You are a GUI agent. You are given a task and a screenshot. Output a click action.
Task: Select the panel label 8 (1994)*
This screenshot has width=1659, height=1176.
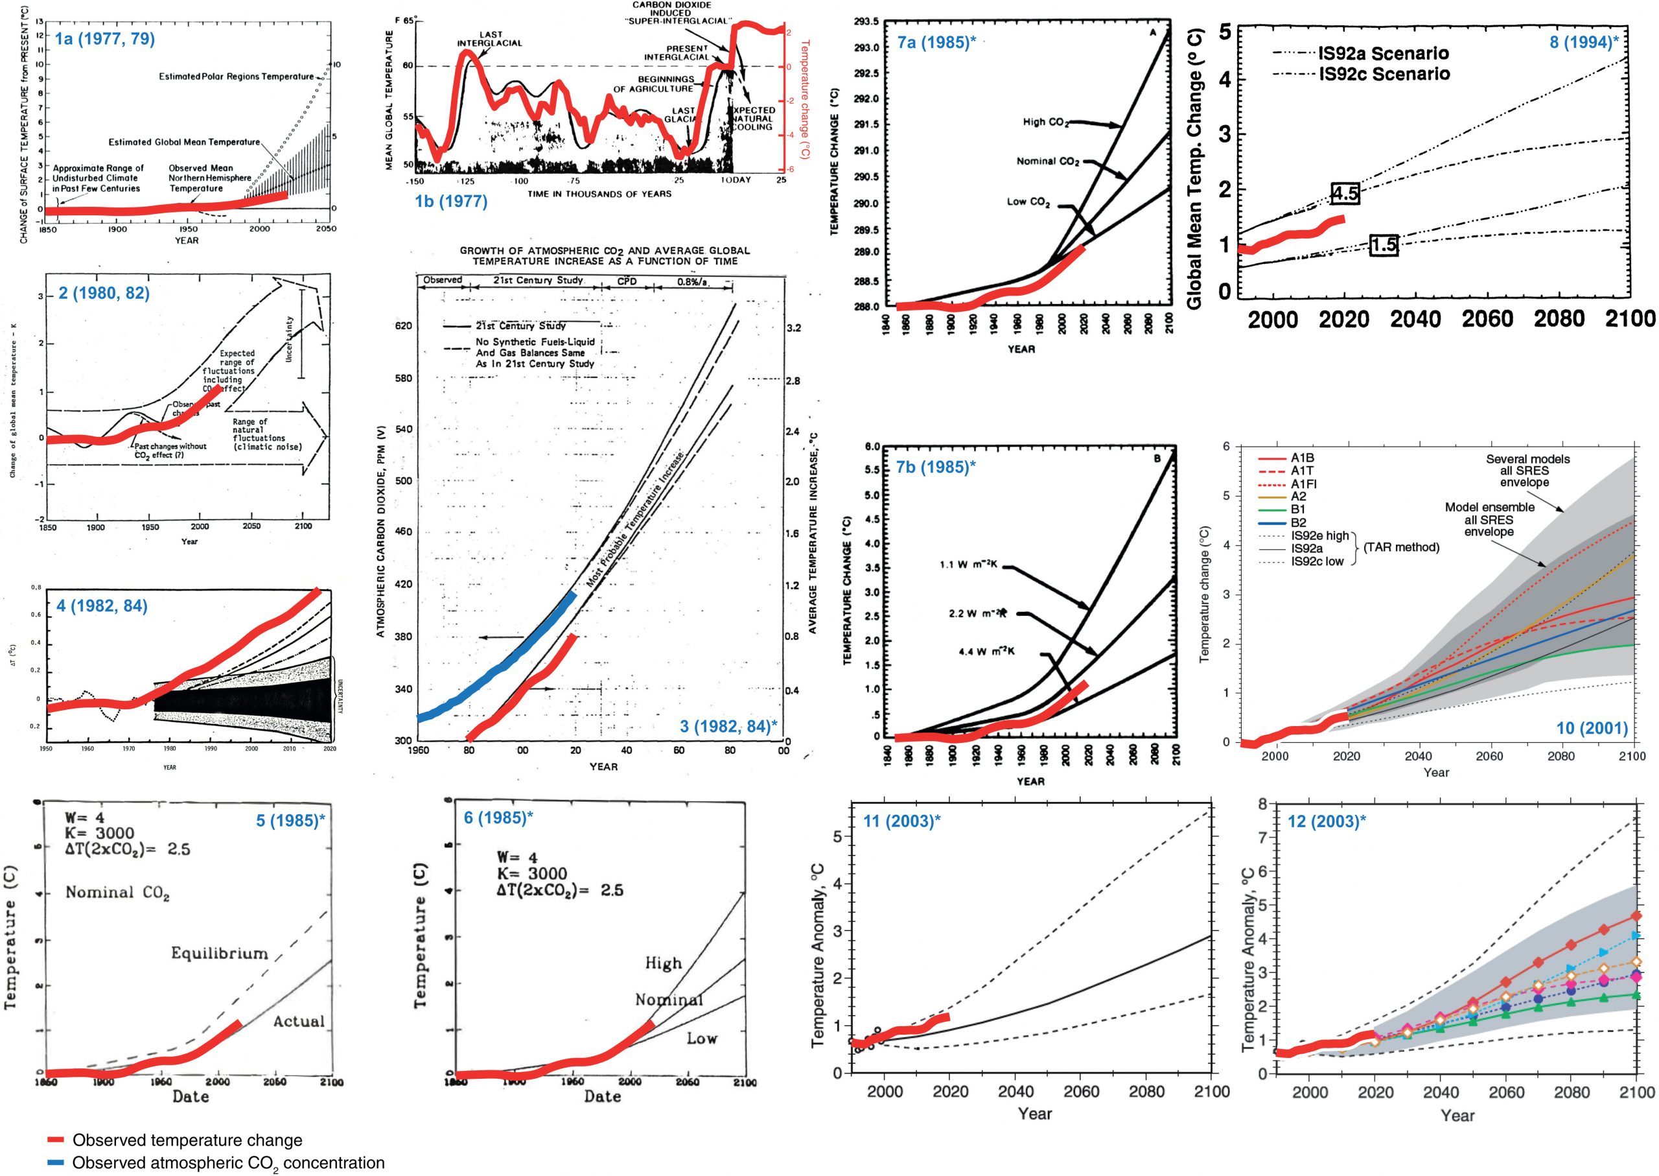[1584, 42]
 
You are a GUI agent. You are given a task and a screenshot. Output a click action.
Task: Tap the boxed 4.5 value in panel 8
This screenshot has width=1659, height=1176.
[1345, 193]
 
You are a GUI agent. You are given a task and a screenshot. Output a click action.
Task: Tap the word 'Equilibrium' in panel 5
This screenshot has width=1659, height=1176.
[219, 953]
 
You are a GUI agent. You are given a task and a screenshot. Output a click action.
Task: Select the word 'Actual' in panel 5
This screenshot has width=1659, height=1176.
[298, 1022]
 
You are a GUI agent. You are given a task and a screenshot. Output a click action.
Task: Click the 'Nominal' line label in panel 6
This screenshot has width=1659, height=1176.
[669, 1000]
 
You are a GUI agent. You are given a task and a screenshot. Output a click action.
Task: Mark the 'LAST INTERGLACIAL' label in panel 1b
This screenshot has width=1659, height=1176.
[489, 38]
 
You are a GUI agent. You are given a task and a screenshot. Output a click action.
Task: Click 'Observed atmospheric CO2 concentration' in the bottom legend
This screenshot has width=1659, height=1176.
[228, 1163]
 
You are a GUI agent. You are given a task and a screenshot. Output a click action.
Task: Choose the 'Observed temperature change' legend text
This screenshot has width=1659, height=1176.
[187, 1140]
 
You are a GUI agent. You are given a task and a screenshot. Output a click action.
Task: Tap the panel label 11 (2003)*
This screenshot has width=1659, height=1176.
[902, 821]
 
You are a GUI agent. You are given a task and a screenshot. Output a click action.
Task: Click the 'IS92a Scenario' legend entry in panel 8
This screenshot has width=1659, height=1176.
[1382, 53]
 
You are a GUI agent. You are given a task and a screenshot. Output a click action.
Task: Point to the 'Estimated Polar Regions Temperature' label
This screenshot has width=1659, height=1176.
[236, 76]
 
